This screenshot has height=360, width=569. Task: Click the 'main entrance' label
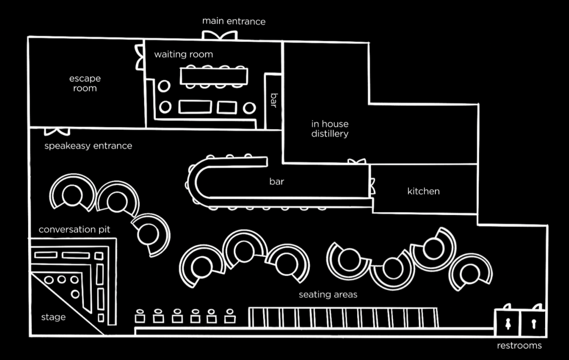234,21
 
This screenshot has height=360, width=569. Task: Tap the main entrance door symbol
219,35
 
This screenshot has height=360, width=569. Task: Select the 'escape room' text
85,83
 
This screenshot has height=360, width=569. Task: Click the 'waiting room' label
184,54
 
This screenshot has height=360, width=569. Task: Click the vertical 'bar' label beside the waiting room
274,100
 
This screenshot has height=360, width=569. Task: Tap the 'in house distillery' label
330,129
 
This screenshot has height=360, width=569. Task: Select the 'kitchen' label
423,191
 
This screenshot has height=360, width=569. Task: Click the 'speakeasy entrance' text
88,146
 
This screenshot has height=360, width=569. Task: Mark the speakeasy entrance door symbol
57,131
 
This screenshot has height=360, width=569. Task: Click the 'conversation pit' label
74,229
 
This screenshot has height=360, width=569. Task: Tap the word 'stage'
53,317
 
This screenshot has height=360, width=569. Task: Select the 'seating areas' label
328,295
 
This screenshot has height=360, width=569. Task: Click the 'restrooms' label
519,345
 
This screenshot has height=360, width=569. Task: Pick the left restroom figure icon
508,324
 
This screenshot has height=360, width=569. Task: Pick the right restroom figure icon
534,324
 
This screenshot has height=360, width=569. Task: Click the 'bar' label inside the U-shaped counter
277,181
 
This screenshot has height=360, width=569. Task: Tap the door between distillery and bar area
357,162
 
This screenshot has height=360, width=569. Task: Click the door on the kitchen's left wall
372,186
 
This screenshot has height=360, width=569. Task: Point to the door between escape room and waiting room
140,57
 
